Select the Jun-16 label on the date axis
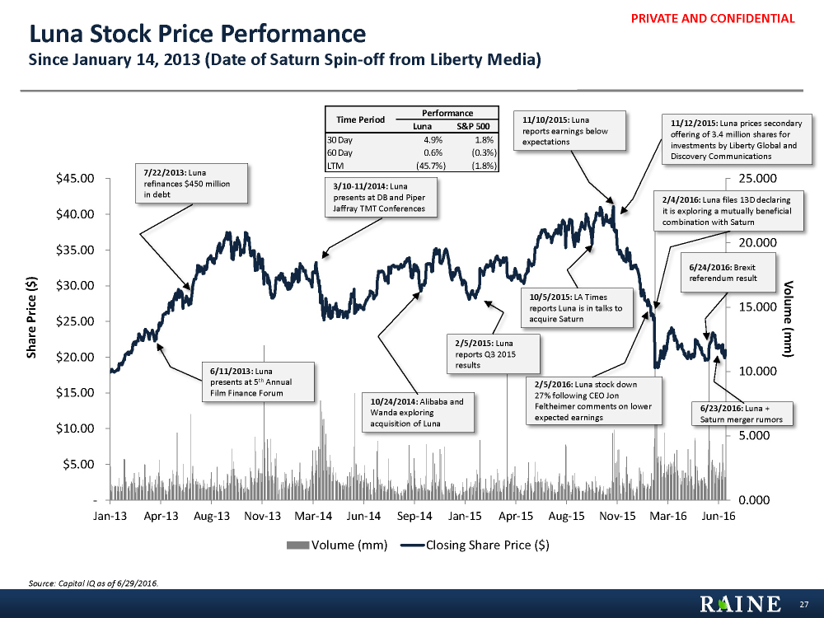point(719,516)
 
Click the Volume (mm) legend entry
point(339,545)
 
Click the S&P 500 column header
point(473,126)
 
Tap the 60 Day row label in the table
point(339,152)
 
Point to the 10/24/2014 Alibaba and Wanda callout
point(419,412)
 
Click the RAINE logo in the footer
point(741,604)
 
